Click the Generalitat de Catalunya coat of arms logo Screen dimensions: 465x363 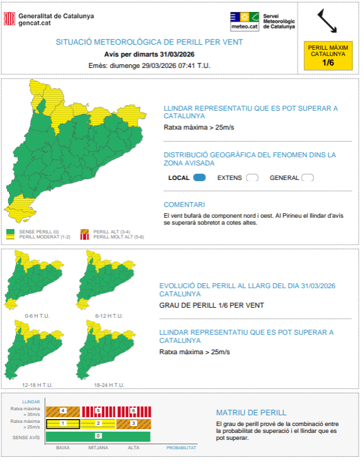(9, 19)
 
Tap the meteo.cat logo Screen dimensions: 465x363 (244, 21)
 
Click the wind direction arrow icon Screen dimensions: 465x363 (327, 20)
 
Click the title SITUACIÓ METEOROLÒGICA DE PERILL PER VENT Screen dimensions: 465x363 (149, 42)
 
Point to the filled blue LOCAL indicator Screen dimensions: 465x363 (200, 177)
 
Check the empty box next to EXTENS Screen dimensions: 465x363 (252, 177)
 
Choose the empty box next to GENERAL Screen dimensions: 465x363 (307, 177)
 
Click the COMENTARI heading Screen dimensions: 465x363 (184, 204)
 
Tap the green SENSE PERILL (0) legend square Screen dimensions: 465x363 (10, 232)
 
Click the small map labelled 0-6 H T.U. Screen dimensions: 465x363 (35, 280)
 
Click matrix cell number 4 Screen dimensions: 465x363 (63, 411)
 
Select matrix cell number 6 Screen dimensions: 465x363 (133, 411)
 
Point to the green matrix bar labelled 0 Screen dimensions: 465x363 (98, 436)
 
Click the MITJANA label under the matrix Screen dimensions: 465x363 (98, 448)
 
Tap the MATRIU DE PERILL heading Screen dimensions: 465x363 (251, 413)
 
